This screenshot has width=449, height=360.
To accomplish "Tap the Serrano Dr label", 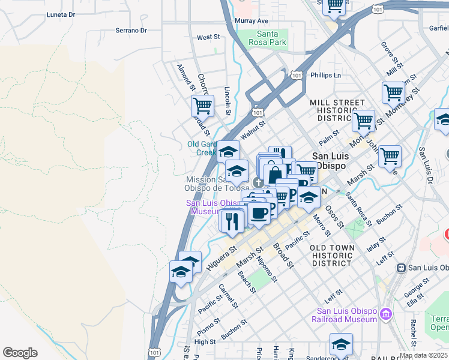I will pyautogui.click(x=131, y=30).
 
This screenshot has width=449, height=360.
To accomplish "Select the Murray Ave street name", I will pyautogui.click(x=252, y=21).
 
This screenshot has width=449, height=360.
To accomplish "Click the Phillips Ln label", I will pyautogui.click(x=325, y=76).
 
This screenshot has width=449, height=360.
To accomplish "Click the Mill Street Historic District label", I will pyautogui.click(x=337, y=110).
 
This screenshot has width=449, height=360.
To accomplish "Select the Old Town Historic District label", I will pyautogui.click(x=332, y=255).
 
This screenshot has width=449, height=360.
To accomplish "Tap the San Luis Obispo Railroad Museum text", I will pyautogui.click(x=347, y=315).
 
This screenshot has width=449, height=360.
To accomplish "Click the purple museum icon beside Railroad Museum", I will pyautogui.click(x=386, y=314).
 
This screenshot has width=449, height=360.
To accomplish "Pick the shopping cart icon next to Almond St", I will pyautogui.click(x=202, y=106).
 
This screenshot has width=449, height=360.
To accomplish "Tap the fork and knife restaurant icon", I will pyautogui.click(x=232, y=221).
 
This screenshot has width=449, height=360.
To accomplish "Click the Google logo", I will pyautogui.click(x=20, y=353).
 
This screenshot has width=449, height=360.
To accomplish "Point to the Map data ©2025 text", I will pyautogui.click(x=423, y=355).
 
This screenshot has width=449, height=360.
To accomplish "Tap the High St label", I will pyautogui.click(x=205, y=341).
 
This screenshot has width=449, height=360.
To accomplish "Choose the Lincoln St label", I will pyautogui.click(x=228, y=100).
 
